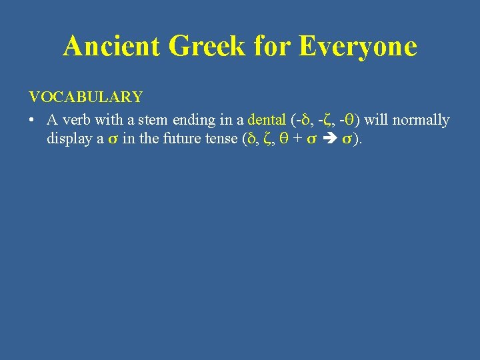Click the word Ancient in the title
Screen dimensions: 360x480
point(113,47)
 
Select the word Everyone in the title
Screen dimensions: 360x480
point(358,47)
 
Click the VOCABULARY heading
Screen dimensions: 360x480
point(85,97)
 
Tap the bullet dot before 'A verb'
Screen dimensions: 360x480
point(32,121)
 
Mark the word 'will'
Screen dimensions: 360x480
point(377,120)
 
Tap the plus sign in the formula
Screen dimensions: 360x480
point(296,139)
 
